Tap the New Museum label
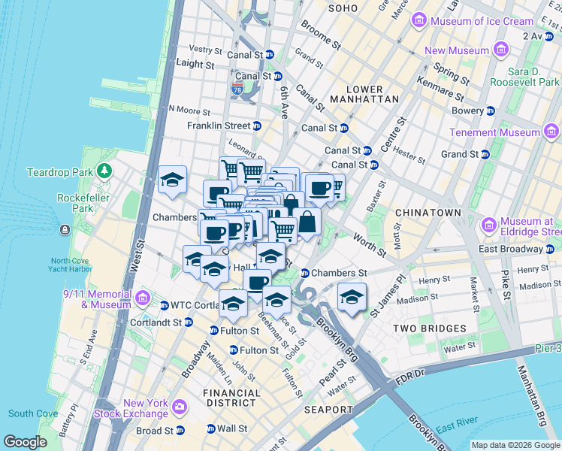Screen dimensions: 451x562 pyautogui.click(x=458, y=51)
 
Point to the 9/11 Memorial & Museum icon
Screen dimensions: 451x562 pyautogui.click(x=142, y=299)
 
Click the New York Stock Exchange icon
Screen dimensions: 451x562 pyautogui.click(x=179, y=407)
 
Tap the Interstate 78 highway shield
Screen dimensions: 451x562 pyautogui.click(x=237, y=90)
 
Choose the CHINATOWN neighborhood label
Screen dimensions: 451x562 pyautogui.click(x=427, y=213)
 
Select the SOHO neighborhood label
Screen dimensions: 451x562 pyautogui.click(x=343, y=8)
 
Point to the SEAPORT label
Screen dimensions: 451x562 pyautogui.click(x=328, y=410)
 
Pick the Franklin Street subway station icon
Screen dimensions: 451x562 pyautogui.click(x=257, y=126)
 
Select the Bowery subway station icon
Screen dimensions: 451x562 pyautogui.click(x=491, y=110)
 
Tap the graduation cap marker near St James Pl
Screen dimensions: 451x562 pyautogui.click(x=351, y=296)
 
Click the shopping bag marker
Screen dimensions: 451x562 pyautogui.click(x=307, y=222)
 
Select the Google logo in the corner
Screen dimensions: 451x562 pyautogui.click(x=25, y=442)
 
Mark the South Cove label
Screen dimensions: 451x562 pyautogui.click(x=33, y=413)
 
